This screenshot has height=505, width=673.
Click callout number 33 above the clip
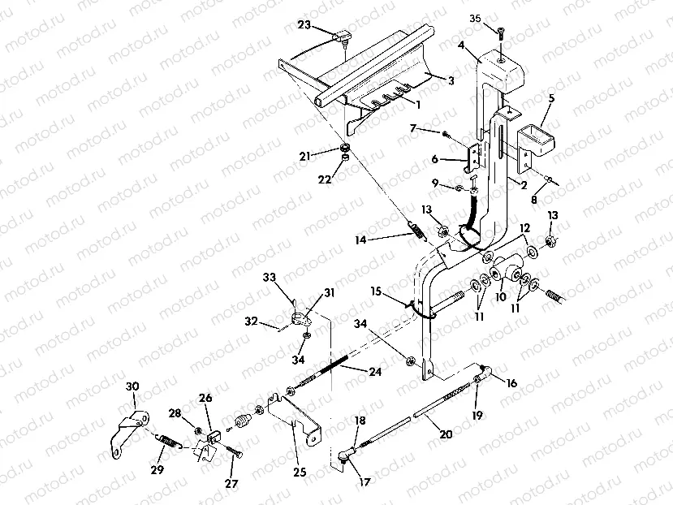pyautogui.click(x=270, y=278)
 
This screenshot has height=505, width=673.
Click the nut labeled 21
pyautogui.click(x=344, y=149)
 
